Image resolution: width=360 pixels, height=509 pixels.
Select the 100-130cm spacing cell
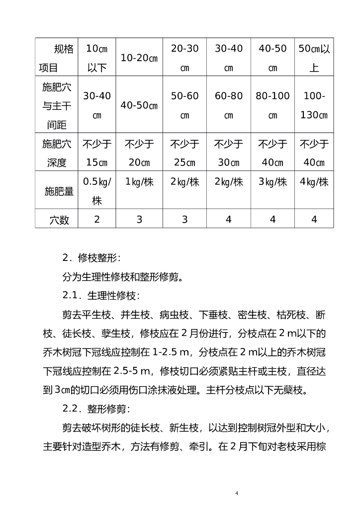[314, 105]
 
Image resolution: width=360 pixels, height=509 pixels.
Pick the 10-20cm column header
[139, 58]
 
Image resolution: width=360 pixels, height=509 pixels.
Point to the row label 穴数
[59, 219]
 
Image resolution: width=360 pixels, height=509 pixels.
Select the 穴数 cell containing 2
[97, 219]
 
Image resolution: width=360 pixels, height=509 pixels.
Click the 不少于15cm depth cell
[97, 153]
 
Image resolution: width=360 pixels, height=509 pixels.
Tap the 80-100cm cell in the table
[272, 105]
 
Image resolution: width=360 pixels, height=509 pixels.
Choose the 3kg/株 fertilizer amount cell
[272, 182]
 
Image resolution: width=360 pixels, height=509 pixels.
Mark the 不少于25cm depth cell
[184, 153]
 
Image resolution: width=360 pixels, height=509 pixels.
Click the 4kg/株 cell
[314, 182]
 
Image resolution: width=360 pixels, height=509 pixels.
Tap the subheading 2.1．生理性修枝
[101, 295]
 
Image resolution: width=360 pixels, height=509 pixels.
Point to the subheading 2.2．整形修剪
[96, 409]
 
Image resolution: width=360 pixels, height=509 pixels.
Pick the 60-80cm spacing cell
[229, 105]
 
